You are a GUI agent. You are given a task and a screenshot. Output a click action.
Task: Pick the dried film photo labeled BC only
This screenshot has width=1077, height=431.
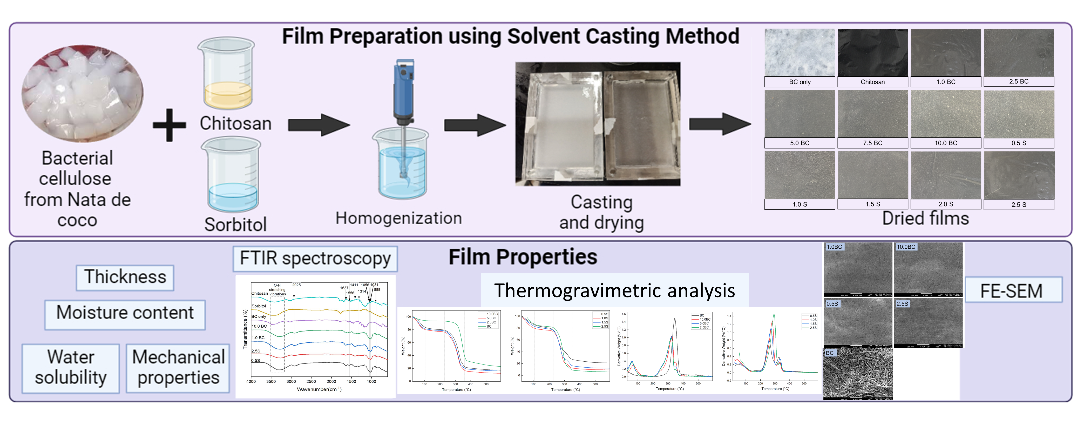(800, 53)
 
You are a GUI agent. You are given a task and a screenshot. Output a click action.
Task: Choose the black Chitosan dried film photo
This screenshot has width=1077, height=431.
(872, 53)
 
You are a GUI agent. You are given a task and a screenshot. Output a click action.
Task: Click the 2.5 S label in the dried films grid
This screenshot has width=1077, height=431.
(1019, 205)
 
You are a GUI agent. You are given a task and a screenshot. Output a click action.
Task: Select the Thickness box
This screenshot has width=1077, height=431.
(125, 277)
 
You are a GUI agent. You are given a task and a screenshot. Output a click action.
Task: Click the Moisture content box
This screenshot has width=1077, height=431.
(125, 313)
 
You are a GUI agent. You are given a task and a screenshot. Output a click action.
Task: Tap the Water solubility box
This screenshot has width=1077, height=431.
(71, 367)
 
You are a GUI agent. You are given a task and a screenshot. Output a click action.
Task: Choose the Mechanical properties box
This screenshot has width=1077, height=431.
(178, 367)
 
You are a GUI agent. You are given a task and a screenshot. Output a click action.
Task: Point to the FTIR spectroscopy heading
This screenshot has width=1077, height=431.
(315, 258)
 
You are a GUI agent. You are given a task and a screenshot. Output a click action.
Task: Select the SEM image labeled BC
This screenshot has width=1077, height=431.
(858, 374)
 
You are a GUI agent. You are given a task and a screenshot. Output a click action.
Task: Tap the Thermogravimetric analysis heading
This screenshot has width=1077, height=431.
(614, 290)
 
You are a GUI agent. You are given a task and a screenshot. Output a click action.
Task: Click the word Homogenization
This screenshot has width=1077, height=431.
(398, 218)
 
